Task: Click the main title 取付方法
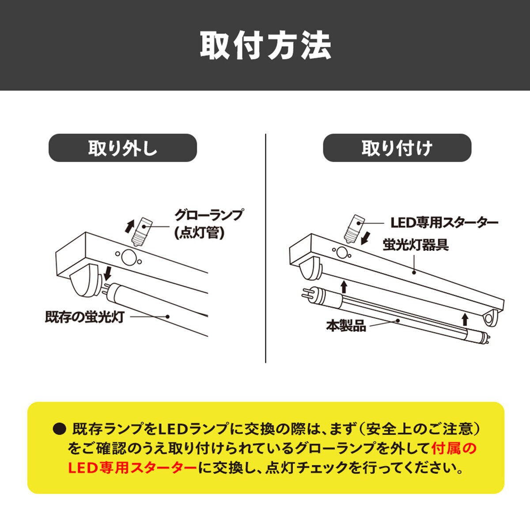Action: [265, 45]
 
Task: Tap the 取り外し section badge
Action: [123, 148]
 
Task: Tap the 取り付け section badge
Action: [397, 148]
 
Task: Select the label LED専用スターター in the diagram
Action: [444, 223]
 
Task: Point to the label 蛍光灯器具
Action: [416, 244]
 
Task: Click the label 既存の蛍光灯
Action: [85, 317]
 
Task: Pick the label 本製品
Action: [346, 326]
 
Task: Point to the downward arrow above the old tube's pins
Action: [108, 273]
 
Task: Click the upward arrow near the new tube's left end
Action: [344, 287]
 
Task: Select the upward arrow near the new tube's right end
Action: [465, 320]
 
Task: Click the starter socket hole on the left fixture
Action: [129, 257]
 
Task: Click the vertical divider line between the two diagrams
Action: [266, 249]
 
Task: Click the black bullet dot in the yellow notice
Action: [59, 429]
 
